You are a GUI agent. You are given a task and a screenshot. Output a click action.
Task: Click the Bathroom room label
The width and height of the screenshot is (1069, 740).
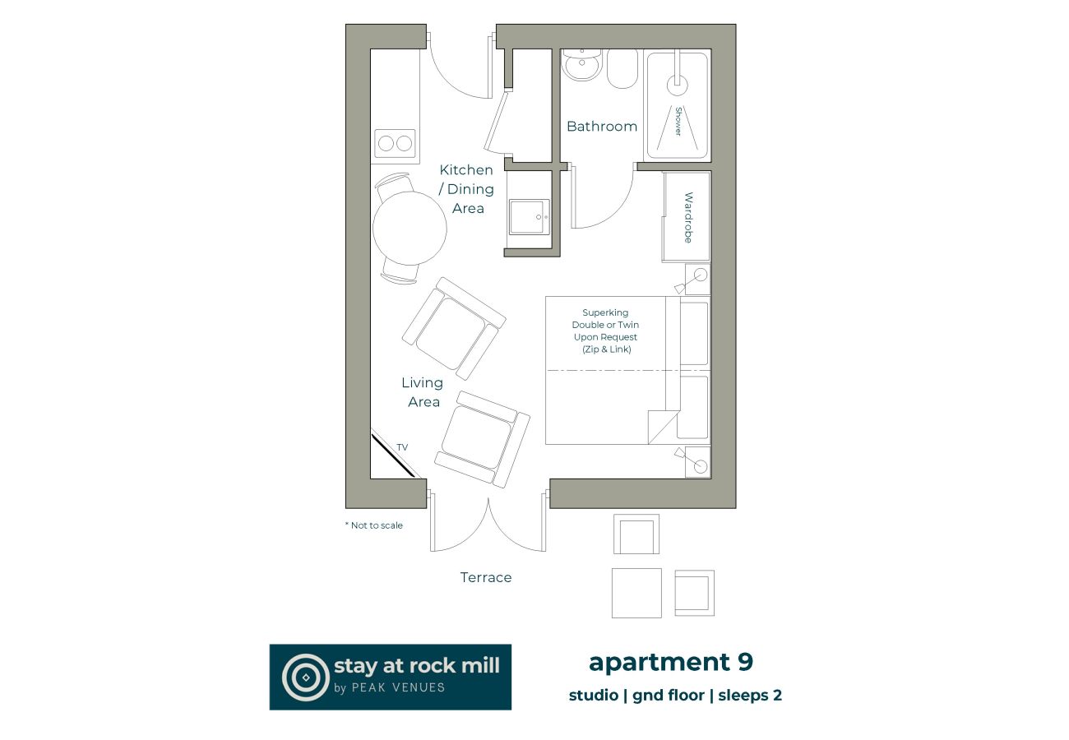pyautogui.click(x=601, y=127)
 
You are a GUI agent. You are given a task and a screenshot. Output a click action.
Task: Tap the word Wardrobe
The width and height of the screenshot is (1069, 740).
pyautogui.click(x=688, y=218)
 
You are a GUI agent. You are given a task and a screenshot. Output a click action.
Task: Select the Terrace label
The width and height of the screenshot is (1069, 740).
pyautogui.click(x=485, y=578)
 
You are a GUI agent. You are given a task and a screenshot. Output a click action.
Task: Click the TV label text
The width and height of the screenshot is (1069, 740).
pyautogui.click(x=402, y=447)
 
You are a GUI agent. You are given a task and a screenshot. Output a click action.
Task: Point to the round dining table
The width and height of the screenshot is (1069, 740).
pyautogui.click(x=410, y=228)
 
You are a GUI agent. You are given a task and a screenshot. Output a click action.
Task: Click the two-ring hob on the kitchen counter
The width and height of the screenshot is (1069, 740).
pyautogui.click(x=395, y=144)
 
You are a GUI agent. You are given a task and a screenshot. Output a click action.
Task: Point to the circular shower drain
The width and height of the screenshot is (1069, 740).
pyautogui.click(x=677, y=81)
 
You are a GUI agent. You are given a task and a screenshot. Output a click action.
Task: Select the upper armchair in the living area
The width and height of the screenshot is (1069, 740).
pyautogui.click(x=452, y=328)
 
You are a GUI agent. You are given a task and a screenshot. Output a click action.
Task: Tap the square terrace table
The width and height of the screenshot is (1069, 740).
pyautogui.click(x=636, y=593)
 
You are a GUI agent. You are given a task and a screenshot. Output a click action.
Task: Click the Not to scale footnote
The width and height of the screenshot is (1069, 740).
pyautogui.click(x=374, y=525)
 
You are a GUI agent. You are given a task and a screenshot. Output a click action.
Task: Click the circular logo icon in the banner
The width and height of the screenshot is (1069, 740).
pyautogui.click(x=305, y=677)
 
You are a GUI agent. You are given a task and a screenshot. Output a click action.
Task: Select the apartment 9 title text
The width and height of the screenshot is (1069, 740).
pyautogui.click(x=670, y=662)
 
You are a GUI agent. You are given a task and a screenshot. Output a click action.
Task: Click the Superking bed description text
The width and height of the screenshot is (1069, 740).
pyautogui.click(x=605, y=331)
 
